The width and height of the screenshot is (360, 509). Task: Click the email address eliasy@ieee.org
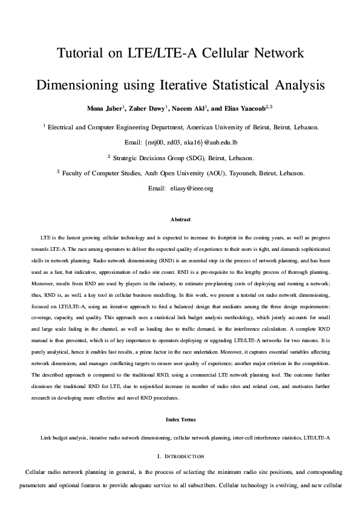click(192, 189)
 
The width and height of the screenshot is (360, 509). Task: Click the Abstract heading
click(180, 219)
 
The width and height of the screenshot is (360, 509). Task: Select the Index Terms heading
click(180, 419)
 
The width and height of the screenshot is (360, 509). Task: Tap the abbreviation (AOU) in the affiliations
click(223, 173)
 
